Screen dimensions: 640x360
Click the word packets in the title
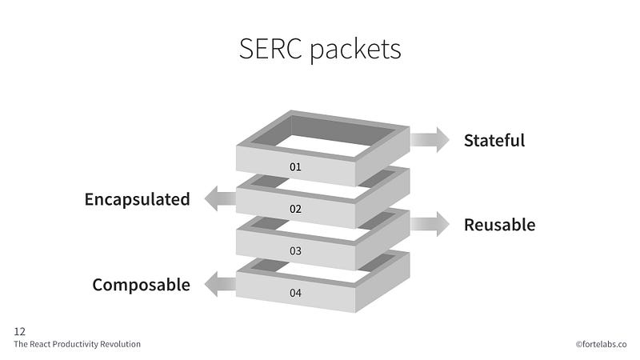(x=355, y=50)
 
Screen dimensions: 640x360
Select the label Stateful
(x=494, y=141)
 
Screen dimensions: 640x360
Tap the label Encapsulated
(x=137, y=199)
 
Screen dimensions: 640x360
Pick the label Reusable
(x=499, y=225)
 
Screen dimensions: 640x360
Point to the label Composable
(x=142, y=285)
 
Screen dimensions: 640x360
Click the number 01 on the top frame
(x=295, y=167)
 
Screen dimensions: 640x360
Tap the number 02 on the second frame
(x=295, y=209)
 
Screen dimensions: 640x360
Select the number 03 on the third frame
(x=295, y=251)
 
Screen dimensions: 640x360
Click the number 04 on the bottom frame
(x=295, y=293)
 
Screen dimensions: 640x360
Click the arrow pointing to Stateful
(x=430, y=139)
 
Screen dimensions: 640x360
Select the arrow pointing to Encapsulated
(x=221, y=198)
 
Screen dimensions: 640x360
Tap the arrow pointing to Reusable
(x=430, y=224)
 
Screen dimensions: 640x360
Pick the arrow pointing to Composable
(x=221, y=284)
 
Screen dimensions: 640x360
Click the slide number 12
(x=19, y=331)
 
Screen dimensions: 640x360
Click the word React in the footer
(x=40, y=344)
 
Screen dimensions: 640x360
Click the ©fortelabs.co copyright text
(x=601, y=344)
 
